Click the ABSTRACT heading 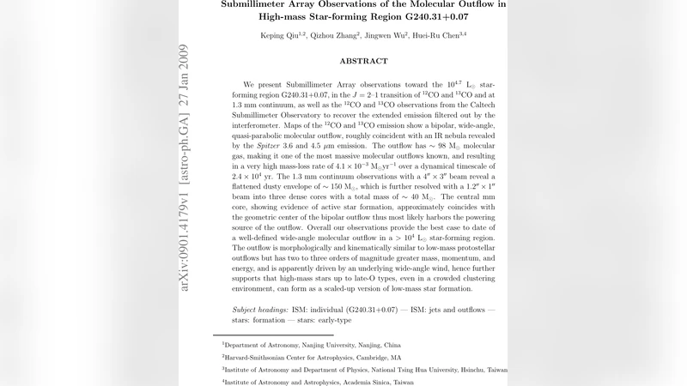(x=363, y=62)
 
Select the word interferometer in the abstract (x=259, y=125)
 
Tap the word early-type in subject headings (x=332, y=320)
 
